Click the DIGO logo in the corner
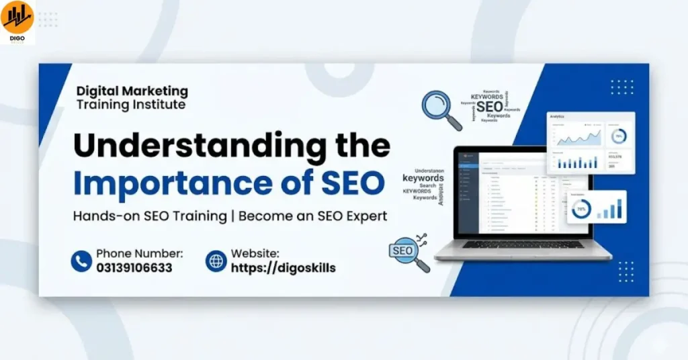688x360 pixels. tap(17, 20)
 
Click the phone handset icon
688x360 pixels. tap(81, 261)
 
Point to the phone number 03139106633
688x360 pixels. tap(134, 268)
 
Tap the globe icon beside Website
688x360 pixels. tap(216, 261)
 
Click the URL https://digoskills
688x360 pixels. tap(283, 268)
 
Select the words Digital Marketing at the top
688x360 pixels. tap(132, 91)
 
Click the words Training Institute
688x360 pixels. tap(131, 105)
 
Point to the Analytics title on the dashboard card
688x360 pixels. tap(558, 117)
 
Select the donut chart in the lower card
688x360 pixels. tap(579, 210)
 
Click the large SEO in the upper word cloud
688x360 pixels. tap(489, 106)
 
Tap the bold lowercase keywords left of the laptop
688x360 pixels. tap(423, 179)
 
